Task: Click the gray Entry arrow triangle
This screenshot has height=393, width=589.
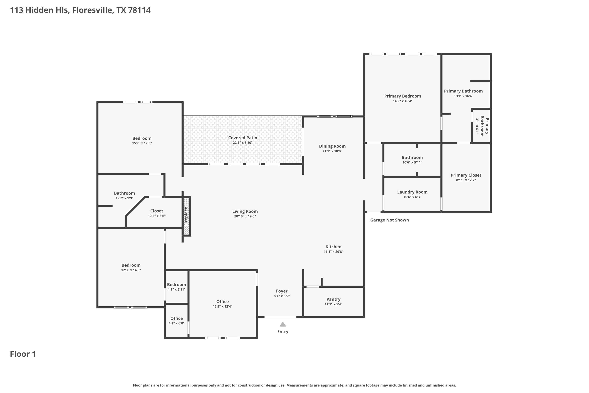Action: [x=283, y=324]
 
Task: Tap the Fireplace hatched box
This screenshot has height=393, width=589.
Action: [x=186, y=216]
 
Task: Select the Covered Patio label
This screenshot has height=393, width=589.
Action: [x=243, y=138]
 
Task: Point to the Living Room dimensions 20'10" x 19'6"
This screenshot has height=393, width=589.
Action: [x=245, y=216]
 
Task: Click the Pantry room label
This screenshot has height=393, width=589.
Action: [x=333, y=299]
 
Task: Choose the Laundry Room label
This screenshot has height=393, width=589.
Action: [x=412, y=192]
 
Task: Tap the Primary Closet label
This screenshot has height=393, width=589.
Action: [x=466, y=175]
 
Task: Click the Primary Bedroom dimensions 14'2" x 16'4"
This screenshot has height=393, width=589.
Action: [x=403, y=101]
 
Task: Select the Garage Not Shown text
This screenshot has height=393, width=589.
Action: [x=389, y=220]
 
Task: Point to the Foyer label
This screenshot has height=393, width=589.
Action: [x=282, y=291]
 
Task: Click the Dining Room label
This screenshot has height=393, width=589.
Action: [x=332, y=146]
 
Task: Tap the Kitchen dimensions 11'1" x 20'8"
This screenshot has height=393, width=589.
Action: [x=333, y=252]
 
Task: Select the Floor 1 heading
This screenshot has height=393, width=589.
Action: [x=23, y=354]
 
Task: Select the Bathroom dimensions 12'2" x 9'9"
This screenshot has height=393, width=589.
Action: [x=124, y=198]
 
